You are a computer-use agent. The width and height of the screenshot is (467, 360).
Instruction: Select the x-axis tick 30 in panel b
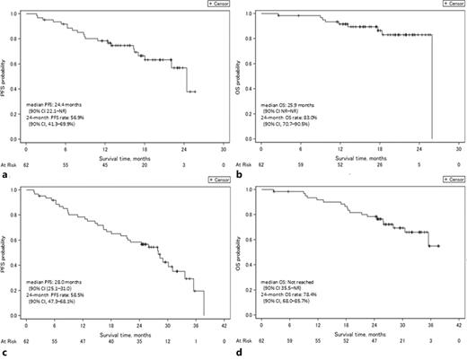pos(458,150)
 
